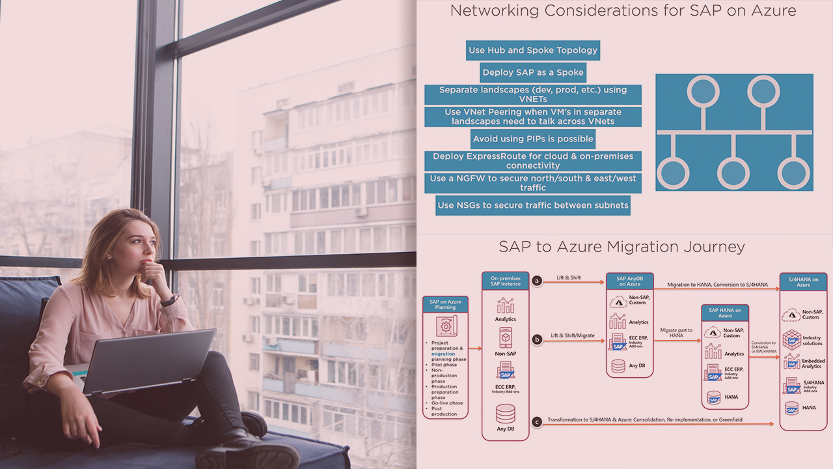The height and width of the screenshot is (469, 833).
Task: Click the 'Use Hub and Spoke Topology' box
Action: pos(532,50)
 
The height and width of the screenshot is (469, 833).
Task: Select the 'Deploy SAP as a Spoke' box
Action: pos(532,72)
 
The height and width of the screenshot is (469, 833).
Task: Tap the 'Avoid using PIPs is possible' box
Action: pos(532,139)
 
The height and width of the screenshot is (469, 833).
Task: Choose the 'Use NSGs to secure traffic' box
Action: pos(532,205)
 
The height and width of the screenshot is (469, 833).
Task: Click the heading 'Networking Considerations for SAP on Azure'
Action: pos(623,11)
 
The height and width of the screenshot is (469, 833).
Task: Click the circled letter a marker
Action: pos(537,281)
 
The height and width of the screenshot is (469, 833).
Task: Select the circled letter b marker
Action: pos(537,339)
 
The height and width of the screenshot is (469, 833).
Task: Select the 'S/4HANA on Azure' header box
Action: pos(803,282)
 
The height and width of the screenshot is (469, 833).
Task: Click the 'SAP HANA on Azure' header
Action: pos(725,313)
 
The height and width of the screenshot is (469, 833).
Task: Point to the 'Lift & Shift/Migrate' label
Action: pos(572,335)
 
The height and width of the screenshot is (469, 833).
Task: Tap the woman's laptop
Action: pos(150,362)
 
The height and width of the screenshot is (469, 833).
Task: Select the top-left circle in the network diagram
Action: pos(703,91)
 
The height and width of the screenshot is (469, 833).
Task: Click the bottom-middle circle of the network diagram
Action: pos(734,173)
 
